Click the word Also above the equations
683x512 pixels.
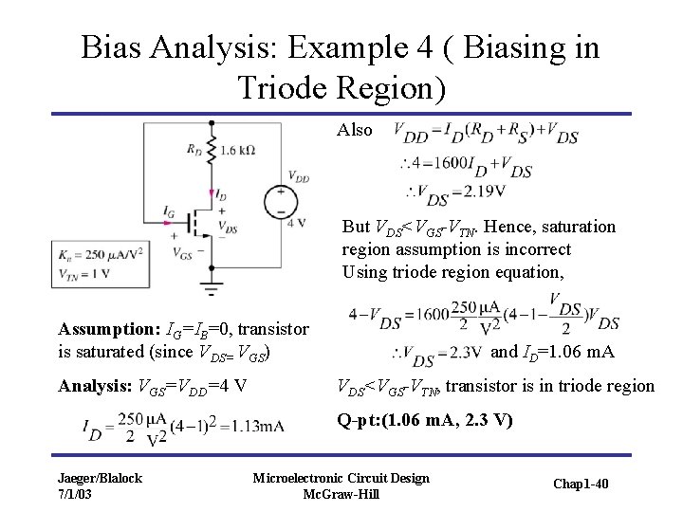pyautogui.click(x=355, y=131)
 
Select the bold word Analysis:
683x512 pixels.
pyautogui.click(x=96, y=386)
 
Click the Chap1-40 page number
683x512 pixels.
pyautogui.click(x=581, y=485)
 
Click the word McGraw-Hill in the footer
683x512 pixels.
pyautogui.click(x=341, y=495)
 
